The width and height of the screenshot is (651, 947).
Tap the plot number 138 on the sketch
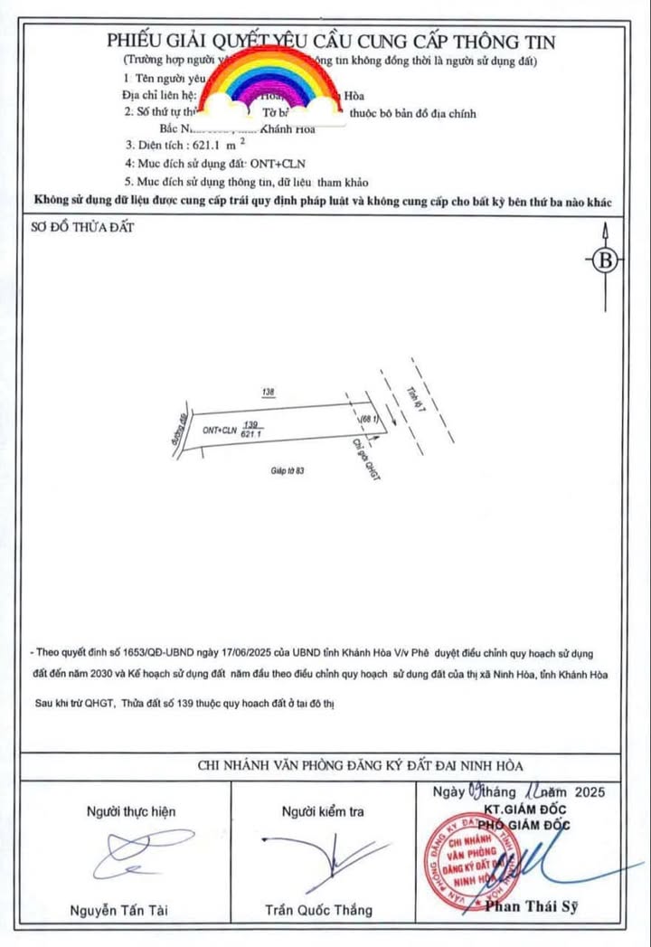point(267,393)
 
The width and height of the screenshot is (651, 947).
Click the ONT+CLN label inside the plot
point(220,431)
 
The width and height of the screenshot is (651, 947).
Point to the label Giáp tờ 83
point(288,471)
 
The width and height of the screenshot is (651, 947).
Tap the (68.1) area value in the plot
point(367,421)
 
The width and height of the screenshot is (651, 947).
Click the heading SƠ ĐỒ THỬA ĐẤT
point(83,227)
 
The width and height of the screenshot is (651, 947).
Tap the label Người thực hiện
point(131,811)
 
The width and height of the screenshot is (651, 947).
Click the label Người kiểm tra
point(323,811)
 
